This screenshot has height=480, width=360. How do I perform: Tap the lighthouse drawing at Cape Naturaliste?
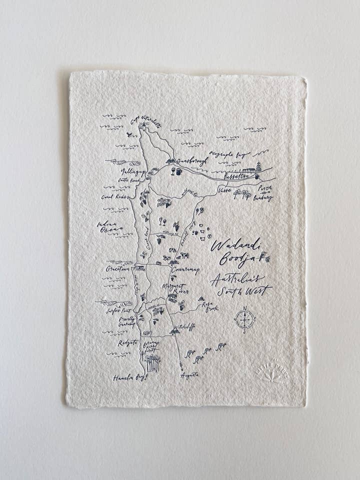tap(143, 126)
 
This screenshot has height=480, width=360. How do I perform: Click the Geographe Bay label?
tap(229, 154)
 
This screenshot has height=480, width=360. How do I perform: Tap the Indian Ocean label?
tap(109, 226)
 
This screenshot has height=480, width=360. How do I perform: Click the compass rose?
tap(244, 318)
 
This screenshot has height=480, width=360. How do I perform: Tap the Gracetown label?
tap(117, 269)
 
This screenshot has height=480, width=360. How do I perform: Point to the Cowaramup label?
tap(185, 270)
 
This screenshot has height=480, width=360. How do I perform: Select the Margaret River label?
tap(175, 288)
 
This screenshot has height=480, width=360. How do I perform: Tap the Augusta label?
tap(189, 374)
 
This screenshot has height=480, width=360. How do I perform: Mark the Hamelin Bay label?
tap(130, 377)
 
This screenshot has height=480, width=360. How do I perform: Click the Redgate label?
tap(127, 343)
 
